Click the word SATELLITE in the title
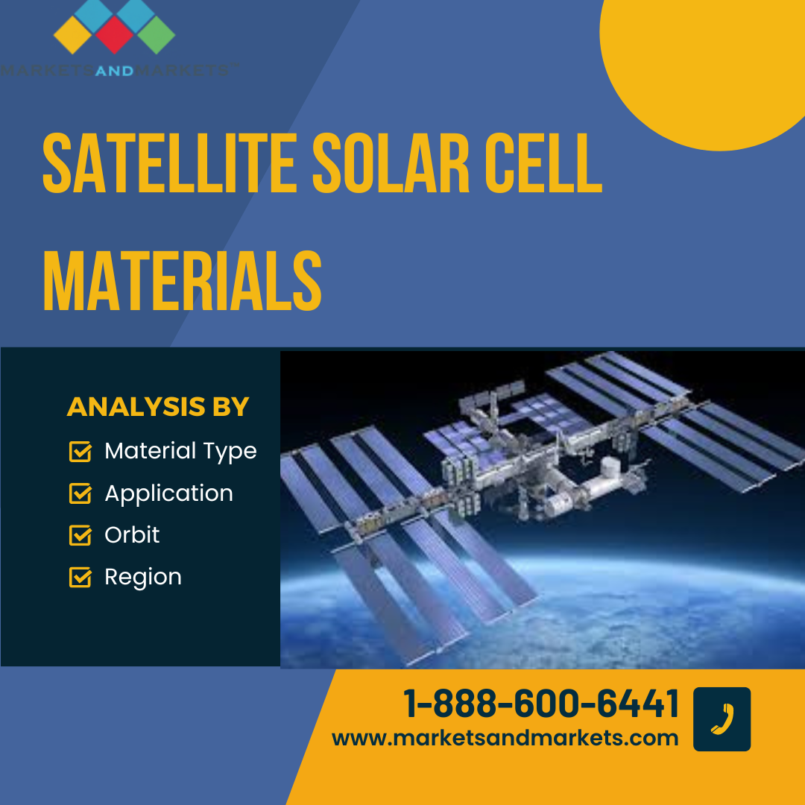pos(169,163)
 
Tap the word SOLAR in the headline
pos(391,163)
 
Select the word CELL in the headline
pos(543,163)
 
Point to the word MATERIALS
pos(183,281)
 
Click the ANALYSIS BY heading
pos(157,407)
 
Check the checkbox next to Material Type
pos(80,451)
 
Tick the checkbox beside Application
pos(80,493)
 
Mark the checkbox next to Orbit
pos(80,535)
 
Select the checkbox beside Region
pos(80,577)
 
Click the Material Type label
pos(180,452)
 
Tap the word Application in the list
pos(169,494)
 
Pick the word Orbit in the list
pos(132,535)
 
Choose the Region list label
pos(143,578)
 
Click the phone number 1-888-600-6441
pos(542,703)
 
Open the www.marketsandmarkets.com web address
pos(505,738)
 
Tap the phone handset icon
pos(722,719)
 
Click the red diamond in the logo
pos(115,35)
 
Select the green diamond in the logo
pos(156,35)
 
